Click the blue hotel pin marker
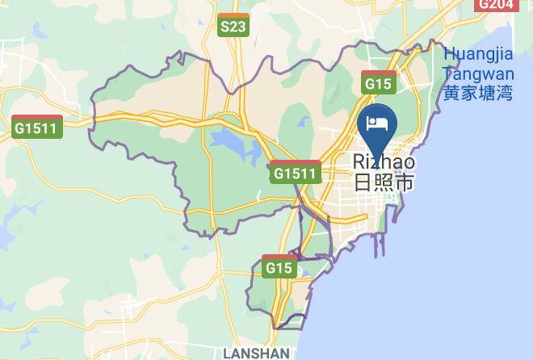click(376, 130)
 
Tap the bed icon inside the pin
click(376, 123)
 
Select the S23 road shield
click(233, 27)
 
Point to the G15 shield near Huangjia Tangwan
click(378, 82)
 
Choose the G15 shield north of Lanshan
click(279, 267)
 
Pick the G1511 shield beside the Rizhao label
click(296, 173)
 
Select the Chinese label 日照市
click(384, 182)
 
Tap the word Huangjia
click(478, 55)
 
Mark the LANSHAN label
click(256, 354)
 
